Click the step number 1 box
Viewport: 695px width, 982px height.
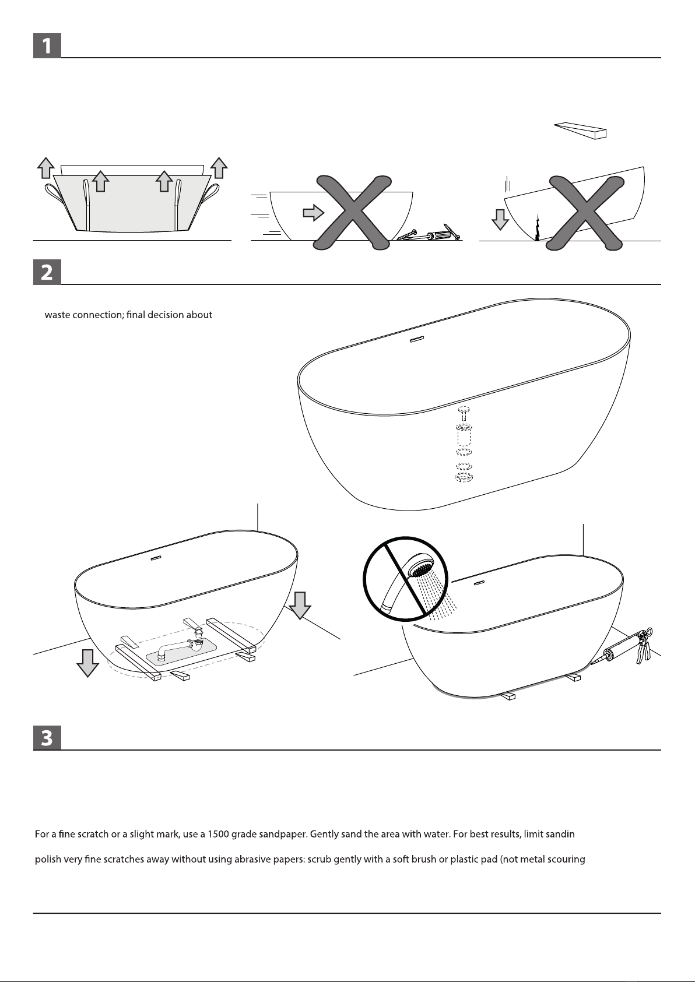47,45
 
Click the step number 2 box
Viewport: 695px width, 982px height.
47,272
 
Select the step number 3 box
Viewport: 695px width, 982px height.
47,737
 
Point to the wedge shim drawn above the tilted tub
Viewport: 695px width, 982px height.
580,130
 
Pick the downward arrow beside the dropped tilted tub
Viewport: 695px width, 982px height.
500,219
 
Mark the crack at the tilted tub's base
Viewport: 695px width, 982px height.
537,228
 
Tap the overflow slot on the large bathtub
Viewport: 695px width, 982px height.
416,339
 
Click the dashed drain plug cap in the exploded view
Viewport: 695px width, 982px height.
464,413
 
